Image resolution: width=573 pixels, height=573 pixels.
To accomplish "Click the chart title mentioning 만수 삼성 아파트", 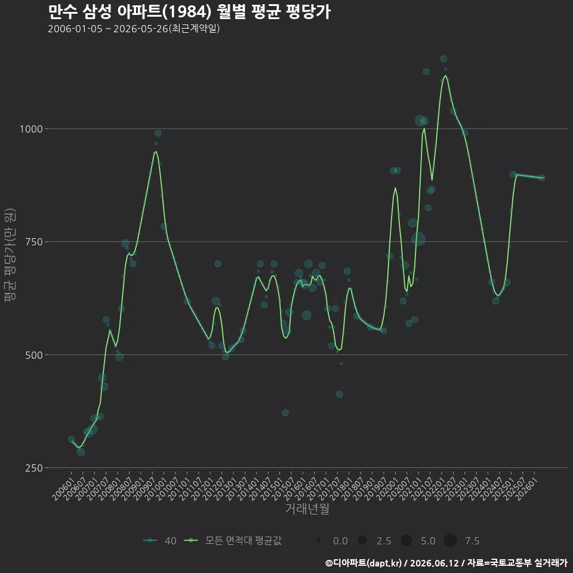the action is [x=189, y=12].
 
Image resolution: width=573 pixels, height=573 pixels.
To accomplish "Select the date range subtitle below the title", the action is [x=134, y=29].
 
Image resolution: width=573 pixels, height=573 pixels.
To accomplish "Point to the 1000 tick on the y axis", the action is [x=31, y=129].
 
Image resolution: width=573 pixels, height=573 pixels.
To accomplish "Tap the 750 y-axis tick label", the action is [x=34, y=242].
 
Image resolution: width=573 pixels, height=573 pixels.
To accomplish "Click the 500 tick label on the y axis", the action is [x=34, y=355].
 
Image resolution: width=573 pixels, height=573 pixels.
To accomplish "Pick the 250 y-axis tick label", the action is [x=34, y=468].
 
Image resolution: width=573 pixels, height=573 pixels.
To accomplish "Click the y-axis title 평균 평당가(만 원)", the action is [x=10, y=255].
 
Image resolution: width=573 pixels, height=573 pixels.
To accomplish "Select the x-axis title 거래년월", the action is [x=307, y=509].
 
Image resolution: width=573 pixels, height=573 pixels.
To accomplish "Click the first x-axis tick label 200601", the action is [x=62, y=489].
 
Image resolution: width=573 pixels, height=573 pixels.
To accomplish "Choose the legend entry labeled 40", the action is [x=160, y=541].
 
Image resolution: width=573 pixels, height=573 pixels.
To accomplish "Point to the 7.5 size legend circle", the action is [x=450, y=540].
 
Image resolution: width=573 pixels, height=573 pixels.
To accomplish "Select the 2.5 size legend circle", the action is [x=362, y=540].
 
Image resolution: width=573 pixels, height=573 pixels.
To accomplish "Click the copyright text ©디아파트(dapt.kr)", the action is [x=363, y=563].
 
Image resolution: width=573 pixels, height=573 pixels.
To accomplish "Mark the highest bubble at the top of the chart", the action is [x=443, y=58].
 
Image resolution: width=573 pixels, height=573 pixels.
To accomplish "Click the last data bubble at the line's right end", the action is [x=542, y=178].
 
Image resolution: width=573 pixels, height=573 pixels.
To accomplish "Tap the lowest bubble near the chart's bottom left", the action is [x=81, y=452].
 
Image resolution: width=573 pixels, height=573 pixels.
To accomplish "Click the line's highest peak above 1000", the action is [x=445, y=76].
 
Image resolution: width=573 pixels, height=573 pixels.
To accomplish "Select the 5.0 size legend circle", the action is [x=406, y=540].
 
